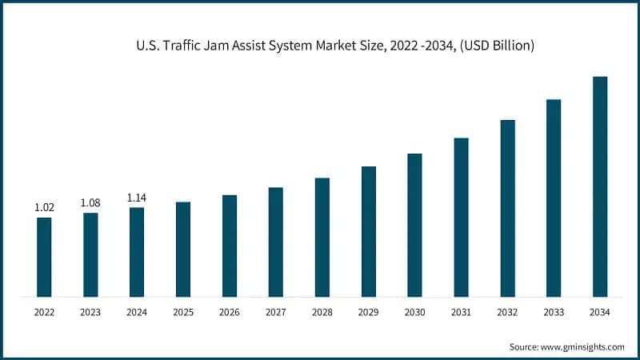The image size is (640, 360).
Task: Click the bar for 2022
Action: [x=44, y=257]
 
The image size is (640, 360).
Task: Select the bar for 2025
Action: [x=183, y=249]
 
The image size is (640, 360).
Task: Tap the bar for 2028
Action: [x=322, y=237]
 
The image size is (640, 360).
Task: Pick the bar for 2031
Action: [x=461, y=217]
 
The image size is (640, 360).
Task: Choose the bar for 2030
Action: [x=414, y=225]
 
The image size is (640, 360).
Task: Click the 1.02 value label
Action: [x=44, y=208]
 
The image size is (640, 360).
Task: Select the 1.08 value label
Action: [x=90, y=203]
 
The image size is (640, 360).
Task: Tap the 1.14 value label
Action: [x=137, y=198]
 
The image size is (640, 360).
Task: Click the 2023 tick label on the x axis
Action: [x=90, y=312]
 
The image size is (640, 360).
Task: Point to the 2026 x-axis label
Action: [x=230, y=312]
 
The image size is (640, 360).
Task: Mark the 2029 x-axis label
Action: [x=368, y=312]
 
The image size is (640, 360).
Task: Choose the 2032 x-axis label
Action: [x=507, y=312]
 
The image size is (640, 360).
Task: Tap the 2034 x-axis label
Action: [x=600, y=312]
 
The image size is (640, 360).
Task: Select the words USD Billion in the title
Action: [x=498, y=47]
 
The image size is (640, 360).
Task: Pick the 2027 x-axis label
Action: [x=276, y=312]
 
